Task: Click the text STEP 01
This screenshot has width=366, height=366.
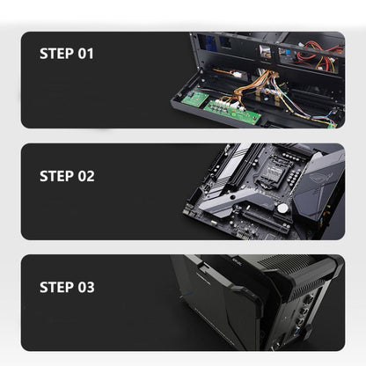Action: (66, 54)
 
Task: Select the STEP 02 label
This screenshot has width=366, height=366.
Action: (66, 175)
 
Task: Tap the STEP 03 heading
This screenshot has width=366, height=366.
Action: (66, 287)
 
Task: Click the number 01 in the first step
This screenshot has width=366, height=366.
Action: (84, 54)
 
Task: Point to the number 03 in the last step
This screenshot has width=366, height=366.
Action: (84, 287)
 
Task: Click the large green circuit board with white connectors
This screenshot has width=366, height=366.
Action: (233, 111)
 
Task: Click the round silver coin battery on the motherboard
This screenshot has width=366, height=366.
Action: (282, 209)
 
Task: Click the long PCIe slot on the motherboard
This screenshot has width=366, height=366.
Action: (264, 222)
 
